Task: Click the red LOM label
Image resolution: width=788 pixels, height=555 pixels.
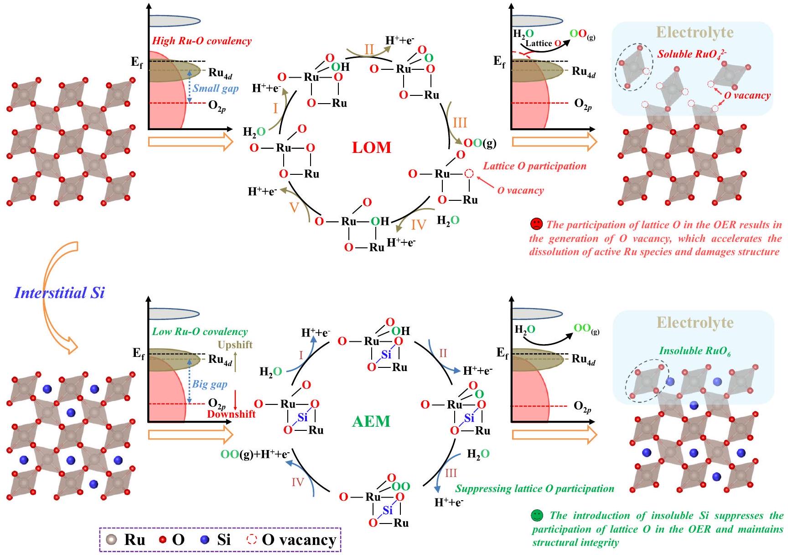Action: [371, 147]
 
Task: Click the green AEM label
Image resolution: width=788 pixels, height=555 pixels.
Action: [371, 421]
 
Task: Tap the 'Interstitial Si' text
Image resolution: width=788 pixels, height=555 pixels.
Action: [60, 293]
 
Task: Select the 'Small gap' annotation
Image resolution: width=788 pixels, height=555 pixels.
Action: [215, 89]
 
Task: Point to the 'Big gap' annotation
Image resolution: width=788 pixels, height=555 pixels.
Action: [210, 384]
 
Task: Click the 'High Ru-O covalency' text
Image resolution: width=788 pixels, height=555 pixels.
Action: [202, 41]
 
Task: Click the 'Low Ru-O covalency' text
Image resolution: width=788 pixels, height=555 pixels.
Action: [200, 332]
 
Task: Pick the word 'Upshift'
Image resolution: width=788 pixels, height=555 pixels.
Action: [235, 345]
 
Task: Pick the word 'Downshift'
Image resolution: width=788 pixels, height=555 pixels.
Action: [231, 414]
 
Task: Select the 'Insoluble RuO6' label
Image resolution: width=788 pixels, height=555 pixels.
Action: [695, 351]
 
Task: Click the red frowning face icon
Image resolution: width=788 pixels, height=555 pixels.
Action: [536, 225]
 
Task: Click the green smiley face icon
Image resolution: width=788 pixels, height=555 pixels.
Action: [537, 516]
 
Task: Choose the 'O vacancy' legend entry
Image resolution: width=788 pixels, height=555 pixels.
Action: [292, 540]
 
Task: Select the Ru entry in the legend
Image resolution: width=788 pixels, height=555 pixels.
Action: [126, 540]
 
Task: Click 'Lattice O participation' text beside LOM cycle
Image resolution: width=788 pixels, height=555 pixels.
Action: [534, 166]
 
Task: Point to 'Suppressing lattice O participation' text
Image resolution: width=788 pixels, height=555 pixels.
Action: [534, 489]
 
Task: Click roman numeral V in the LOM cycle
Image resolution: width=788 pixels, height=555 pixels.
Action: [294, 208]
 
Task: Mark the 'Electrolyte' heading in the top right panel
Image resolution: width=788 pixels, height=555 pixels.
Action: [695, 32]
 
